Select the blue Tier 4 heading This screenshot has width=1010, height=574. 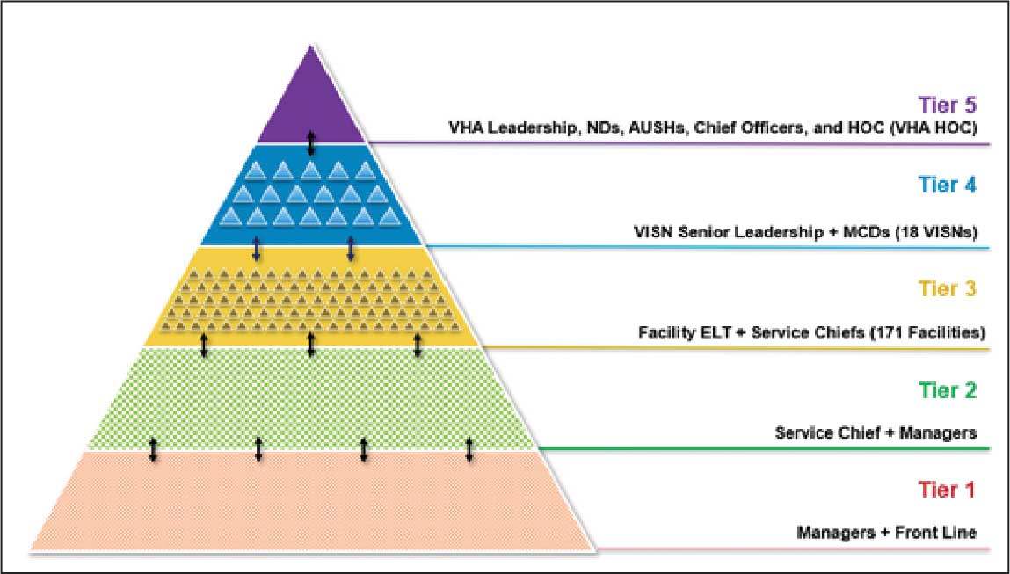click(948, 185)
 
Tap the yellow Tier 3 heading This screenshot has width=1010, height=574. click(948, 287)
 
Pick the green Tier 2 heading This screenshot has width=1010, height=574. click(948, 389)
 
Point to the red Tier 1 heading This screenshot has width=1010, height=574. click(948, 489)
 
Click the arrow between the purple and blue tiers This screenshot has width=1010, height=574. click(310, 143)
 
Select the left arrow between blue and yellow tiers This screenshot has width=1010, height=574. click(257, 248)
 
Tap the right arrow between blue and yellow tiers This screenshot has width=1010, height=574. click(351, 248)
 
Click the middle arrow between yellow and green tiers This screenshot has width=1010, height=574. click(310, 345)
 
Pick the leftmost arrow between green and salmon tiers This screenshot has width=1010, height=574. click(153, 448)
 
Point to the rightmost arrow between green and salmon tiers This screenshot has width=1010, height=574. click(469, 448)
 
